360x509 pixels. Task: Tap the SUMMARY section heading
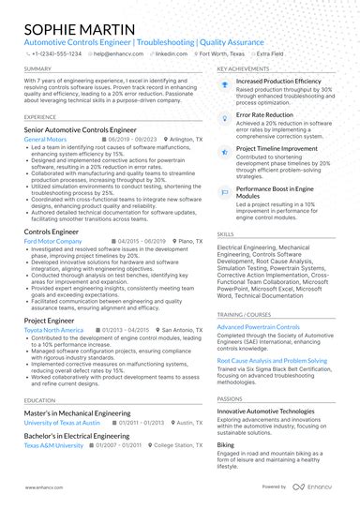pos(38,69)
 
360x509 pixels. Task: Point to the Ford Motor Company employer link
pos(53,241)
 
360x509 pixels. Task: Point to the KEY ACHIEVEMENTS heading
pos(247,69)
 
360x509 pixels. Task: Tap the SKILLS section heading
pos(226,233)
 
